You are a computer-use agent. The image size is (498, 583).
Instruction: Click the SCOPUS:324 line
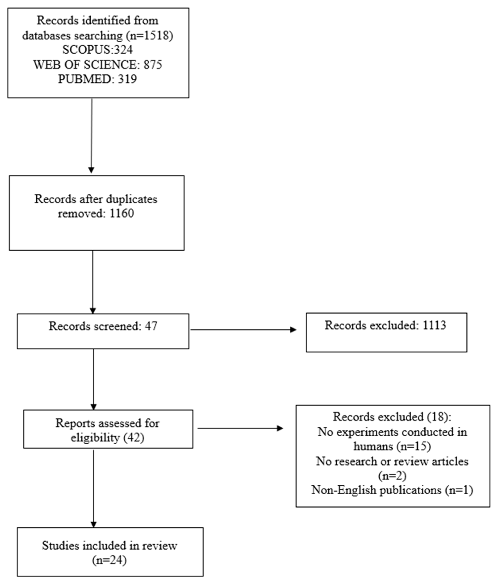pyautogui.click(x=97, y=50)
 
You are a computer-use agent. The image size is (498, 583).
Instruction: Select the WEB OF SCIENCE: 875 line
pyautogui.click(x=98, y=65)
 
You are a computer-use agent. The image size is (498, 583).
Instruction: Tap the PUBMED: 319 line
pyautogui.click(x=97, y=79)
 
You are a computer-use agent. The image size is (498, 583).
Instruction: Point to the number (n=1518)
pyautogui.click(x=150, y=36)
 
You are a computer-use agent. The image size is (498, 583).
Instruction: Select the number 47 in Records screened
pyautogui.click(x=151, y=326)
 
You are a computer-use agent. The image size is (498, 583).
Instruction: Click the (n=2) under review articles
pyautogui.click(x=392, y=476)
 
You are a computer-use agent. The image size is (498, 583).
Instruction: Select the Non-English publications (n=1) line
pyautogui.click(x=392, y=490)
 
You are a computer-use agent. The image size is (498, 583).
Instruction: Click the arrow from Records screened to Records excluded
pyautogui.click(x=243, y=330)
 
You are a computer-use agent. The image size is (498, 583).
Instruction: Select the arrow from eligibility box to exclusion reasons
pyautogui.click(x=240, y=428)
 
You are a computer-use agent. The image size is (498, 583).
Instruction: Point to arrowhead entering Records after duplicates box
pyautogui.click(x=91, y=170)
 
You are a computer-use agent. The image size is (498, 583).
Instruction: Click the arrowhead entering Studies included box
pyautogui.click(x=94, y=524)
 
